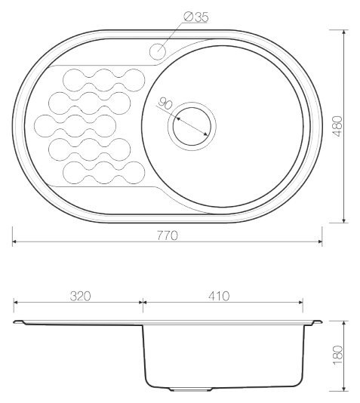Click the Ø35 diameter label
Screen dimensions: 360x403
point(196,17)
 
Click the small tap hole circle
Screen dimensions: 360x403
point(157,51)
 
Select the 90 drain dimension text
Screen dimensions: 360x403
point(165,104)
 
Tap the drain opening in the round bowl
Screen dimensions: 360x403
point(192,127)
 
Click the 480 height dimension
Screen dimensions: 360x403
point(337,126)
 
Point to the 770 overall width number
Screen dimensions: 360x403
point(168,235)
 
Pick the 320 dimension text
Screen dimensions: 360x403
point(81,296)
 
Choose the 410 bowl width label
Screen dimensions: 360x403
point(219,296)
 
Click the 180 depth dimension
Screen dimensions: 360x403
point(337,355)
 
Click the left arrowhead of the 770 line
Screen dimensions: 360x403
point(14,241)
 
